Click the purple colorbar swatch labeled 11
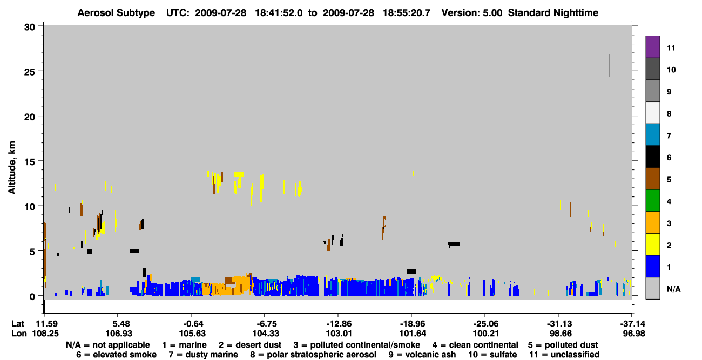click(x=652, y=46)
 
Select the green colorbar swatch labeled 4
click(x=652, y=201)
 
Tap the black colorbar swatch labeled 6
click(x=652, y=157)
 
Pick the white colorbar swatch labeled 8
click(x=652, y=113)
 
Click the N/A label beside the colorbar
click(x=673, y=289)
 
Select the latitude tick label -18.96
click(x=412, y=324)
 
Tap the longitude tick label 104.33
click(x=266, y=334)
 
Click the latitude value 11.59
click(x=46, y=324)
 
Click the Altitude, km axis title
click(x=12, y=168)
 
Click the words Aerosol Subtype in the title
click(x=116, y=13)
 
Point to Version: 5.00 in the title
click(x=472, y=13)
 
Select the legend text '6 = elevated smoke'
click(x=116, y=355)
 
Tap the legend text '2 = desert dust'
click(x=250, y=345)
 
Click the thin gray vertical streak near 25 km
click(x=609, y=65)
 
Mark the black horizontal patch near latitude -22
click(x=454, y=244)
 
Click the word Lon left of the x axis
click(x=19, y=334)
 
